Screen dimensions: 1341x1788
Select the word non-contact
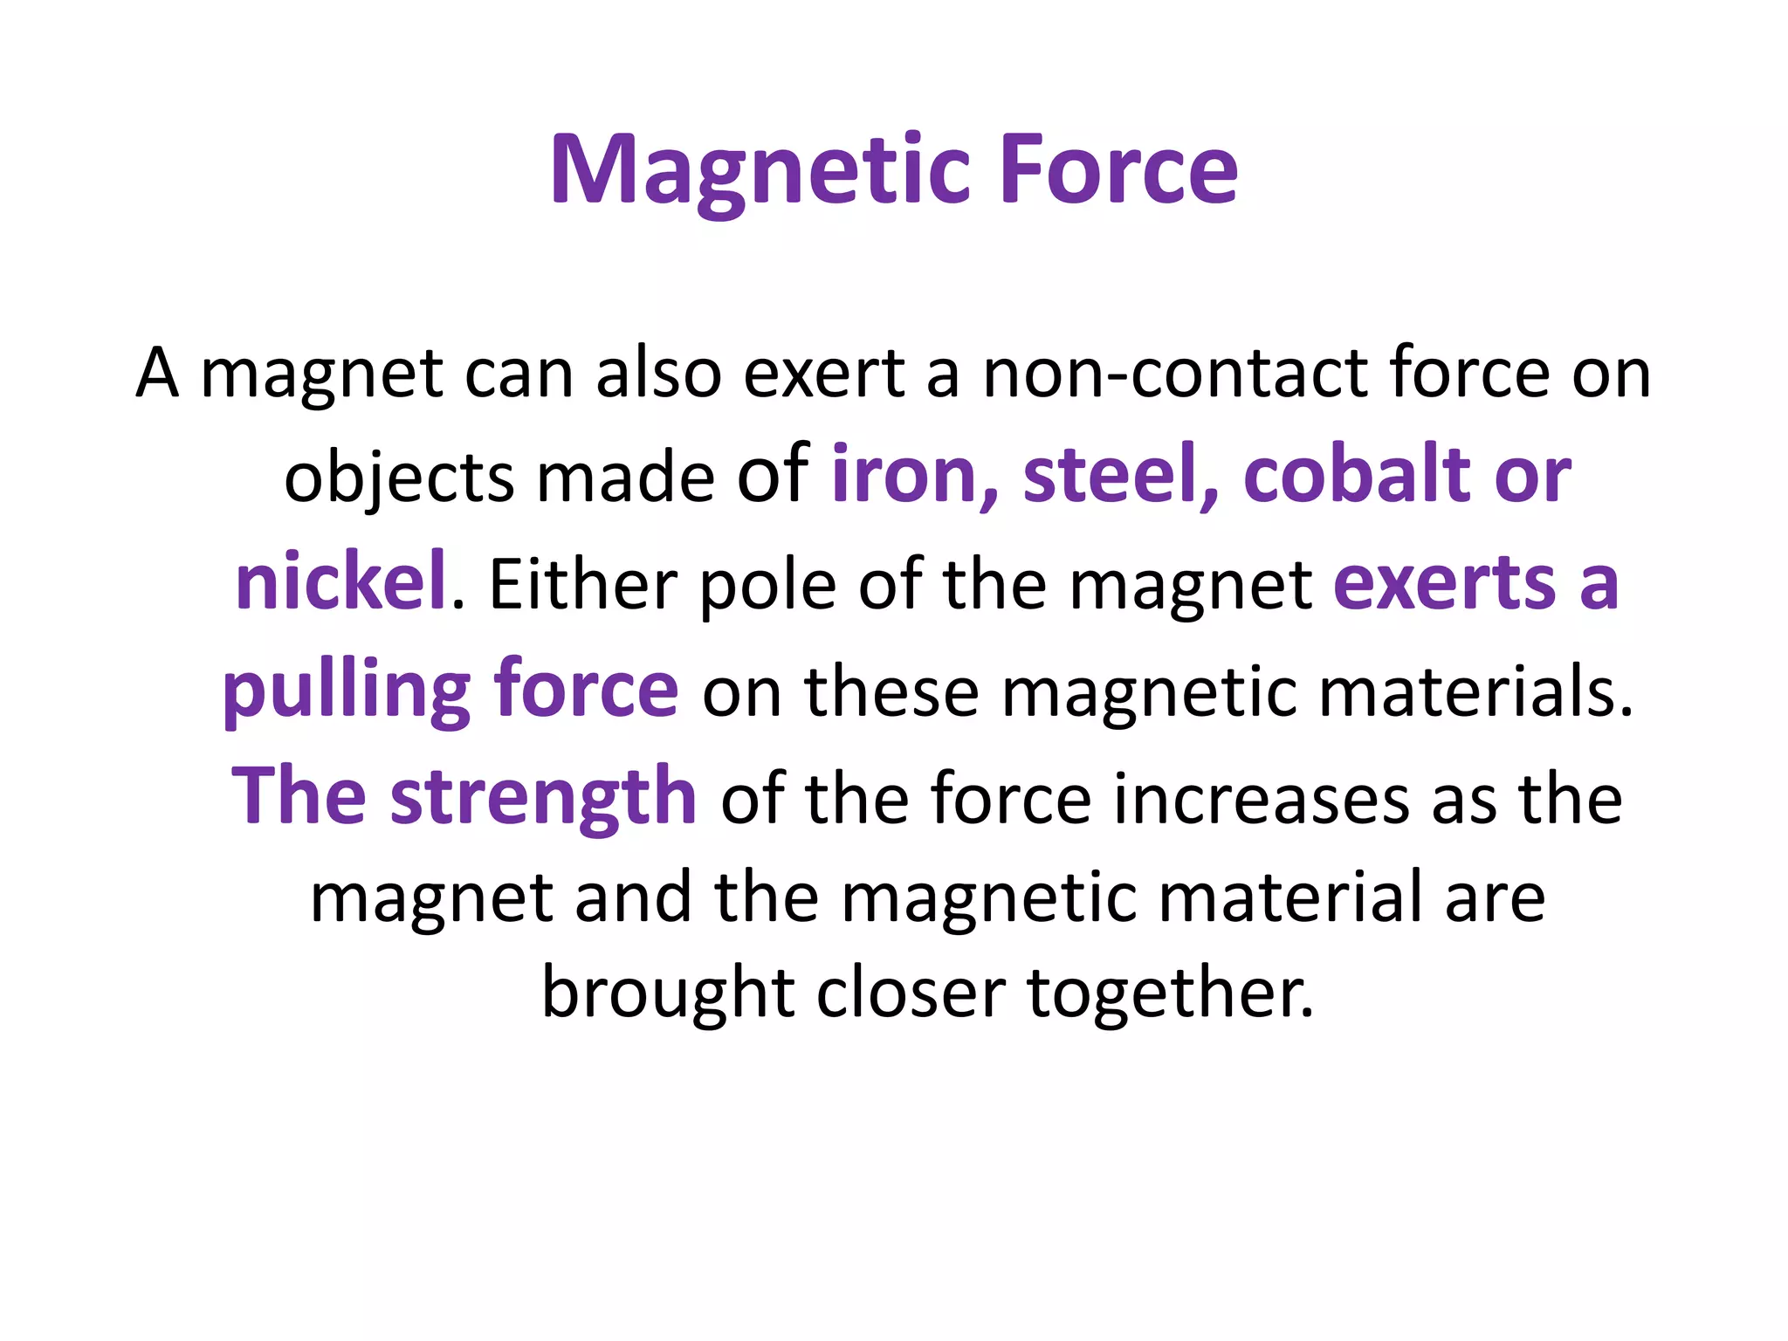(1175, 374)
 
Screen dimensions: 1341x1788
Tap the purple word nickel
(340, 582)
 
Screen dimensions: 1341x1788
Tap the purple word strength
(542, 797)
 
